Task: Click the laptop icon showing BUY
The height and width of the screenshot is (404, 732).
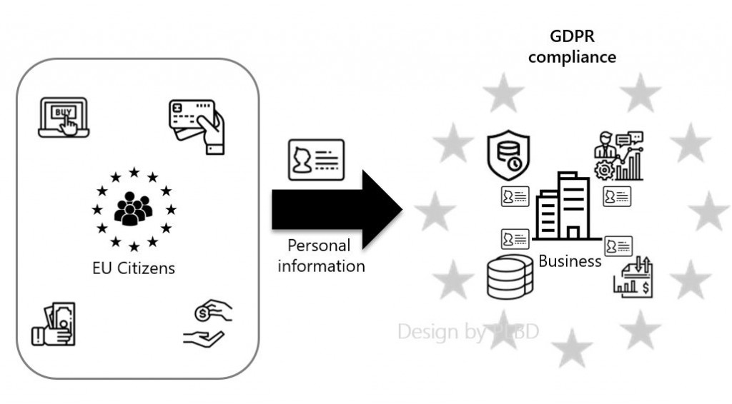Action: click(63, 117)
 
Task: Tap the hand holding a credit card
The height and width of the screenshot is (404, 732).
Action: click(197, 126)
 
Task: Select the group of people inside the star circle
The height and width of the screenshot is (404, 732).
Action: click(134, 208)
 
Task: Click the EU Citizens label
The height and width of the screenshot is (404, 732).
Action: click(134, 269)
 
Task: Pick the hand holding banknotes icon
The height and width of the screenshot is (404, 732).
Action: click(53, 324)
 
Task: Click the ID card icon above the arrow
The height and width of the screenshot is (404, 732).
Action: click(315, 159)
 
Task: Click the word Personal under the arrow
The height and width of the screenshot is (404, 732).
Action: click(319, 246)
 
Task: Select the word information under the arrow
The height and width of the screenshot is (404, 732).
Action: click(322, 266)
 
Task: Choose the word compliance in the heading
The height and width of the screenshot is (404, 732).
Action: click(572, 57)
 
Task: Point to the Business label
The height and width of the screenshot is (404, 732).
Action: click(570, 261)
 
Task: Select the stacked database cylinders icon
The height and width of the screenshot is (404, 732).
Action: click(510, 278)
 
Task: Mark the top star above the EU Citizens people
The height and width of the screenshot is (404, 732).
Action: click(134, 172)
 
